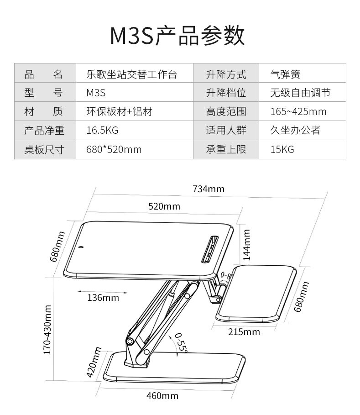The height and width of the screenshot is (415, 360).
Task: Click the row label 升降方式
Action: click(226, 74)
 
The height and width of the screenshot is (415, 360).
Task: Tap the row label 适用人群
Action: click(226, 131)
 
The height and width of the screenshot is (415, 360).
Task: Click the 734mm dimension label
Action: click(209, 189)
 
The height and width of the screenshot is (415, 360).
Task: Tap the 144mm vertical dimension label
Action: click(247, 245)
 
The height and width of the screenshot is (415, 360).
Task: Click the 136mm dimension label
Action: click(103, 298)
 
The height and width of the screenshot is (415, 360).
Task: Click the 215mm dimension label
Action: click(244, 332)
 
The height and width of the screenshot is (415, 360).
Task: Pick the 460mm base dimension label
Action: click(162, 396)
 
